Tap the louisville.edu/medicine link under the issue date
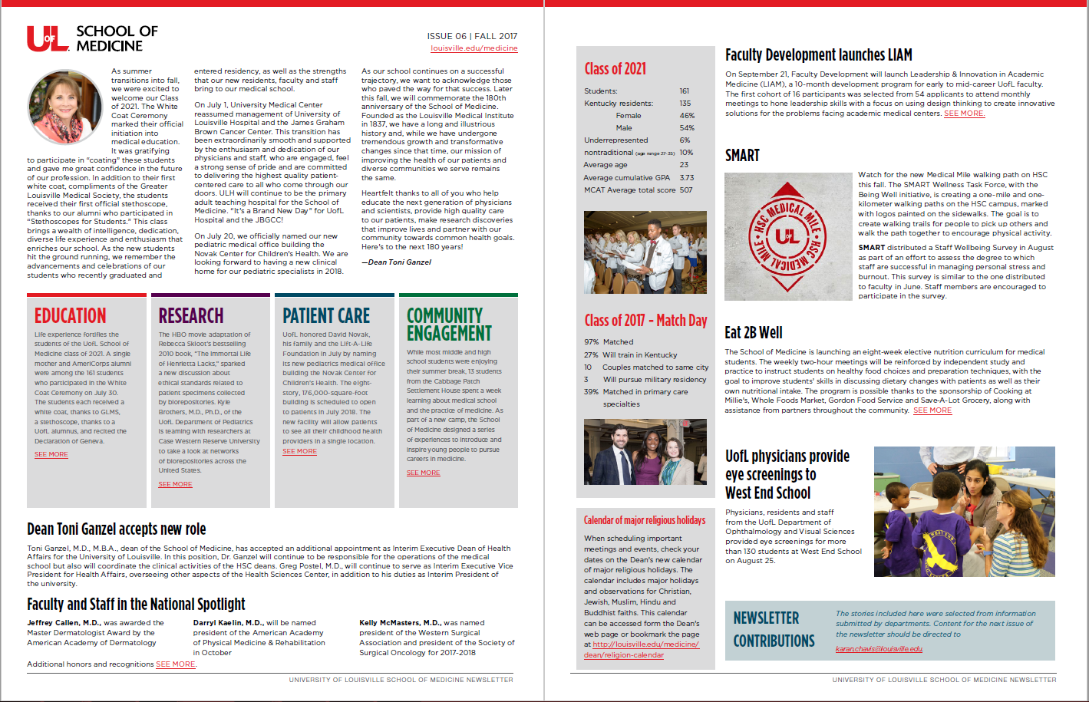click(x=474, y=48)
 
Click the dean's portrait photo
click(x=65, y=107)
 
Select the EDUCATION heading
click(x=71, y=316)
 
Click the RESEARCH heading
click(x=191, y=316)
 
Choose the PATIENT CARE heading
click(x=326, y=316)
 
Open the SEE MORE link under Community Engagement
click(x=423, y=473)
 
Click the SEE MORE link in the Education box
click(x=51, y=454)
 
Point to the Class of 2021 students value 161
click(x=684, y=91)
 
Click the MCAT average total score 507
click(x=685, y=190)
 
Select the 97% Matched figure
click(x=591, y=342)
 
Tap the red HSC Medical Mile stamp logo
click(x=787, y=236)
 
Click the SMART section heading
click(x=742, y=156)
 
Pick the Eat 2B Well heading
click(x=754, y=332)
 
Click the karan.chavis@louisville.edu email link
click(x=879, y=649)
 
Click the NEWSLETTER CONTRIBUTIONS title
click(x=774, y=629)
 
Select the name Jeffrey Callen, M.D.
click(x=64, y=623)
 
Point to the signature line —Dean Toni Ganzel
click(x=396, y=262)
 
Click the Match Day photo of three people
click(x=645, y=452)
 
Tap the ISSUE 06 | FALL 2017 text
click(x=472, y=36)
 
